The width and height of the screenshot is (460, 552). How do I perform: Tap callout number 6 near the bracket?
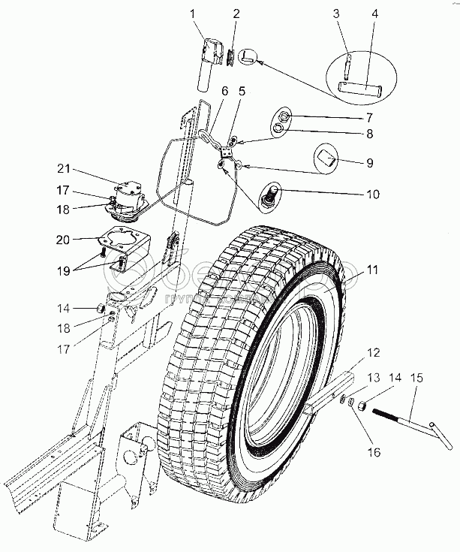[223, 91]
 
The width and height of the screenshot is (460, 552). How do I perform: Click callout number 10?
[368, 194]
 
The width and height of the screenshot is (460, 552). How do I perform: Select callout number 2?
[237, 14]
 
